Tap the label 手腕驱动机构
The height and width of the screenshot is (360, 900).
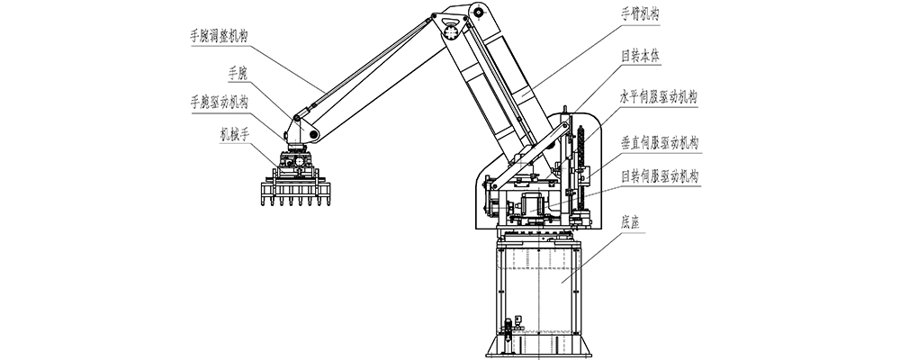(x=219, y=103)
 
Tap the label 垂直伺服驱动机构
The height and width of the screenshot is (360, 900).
(x=660, y=143)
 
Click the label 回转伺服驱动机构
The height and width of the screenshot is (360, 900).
(x=660, y=175)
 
